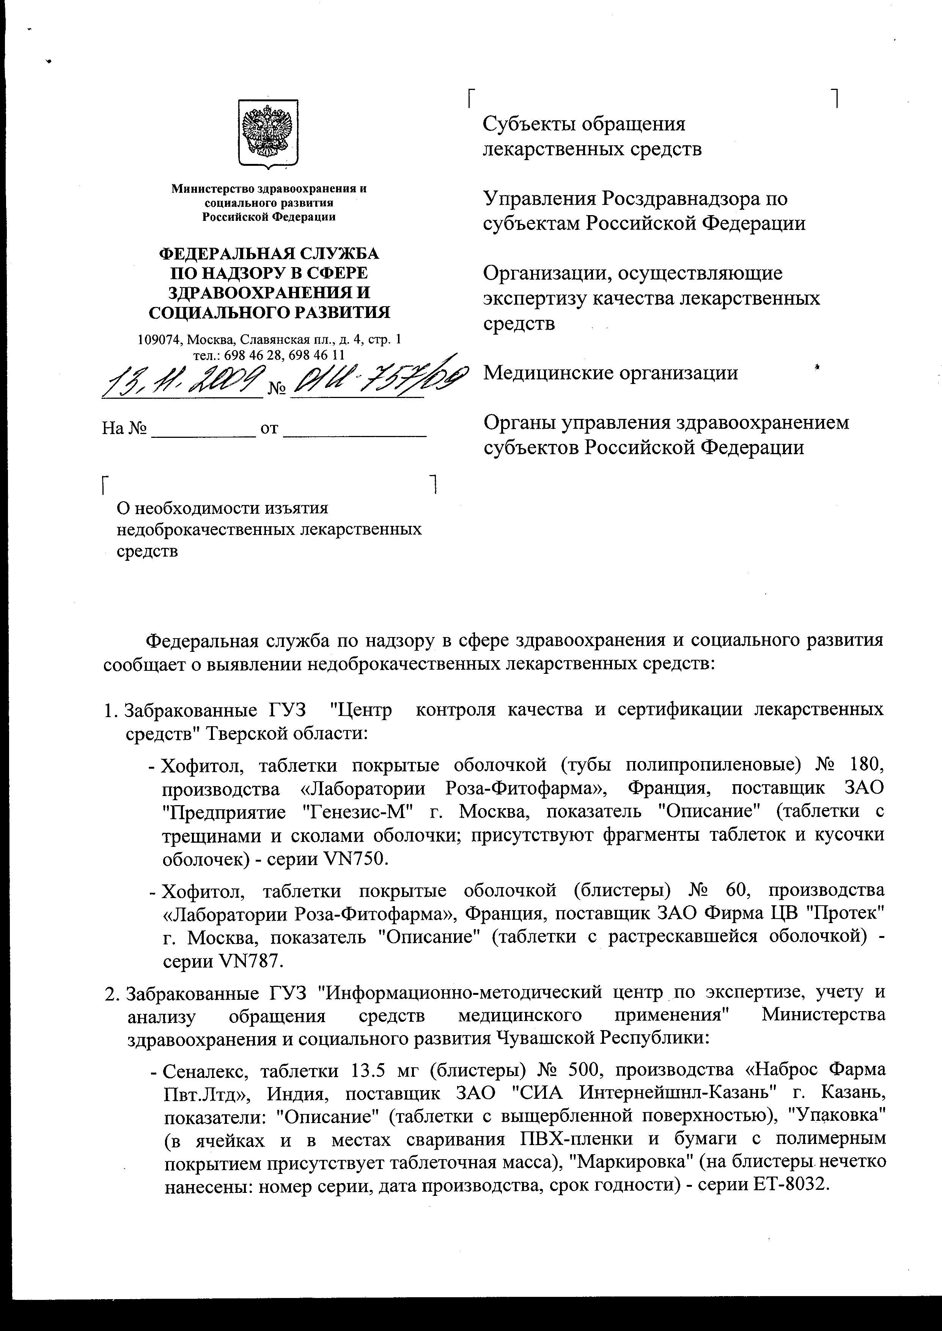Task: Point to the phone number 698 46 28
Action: click(246, 354)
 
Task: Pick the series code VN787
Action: click(251, 961)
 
